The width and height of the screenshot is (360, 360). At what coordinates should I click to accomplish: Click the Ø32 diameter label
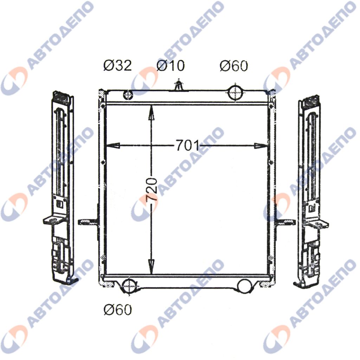coord(117,65)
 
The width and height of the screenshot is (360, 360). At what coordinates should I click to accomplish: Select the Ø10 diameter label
coord(171,65)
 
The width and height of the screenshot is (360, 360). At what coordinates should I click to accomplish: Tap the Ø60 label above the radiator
coord(234,65)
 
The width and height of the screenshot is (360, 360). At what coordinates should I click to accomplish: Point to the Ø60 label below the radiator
coord(117,310)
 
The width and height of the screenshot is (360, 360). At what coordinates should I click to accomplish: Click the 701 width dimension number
coord(188,145)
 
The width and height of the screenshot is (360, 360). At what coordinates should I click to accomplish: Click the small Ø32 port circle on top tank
coord(128,95)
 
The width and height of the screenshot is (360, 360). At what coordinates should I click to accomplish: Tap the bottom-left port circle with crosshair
coord(129,286)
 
